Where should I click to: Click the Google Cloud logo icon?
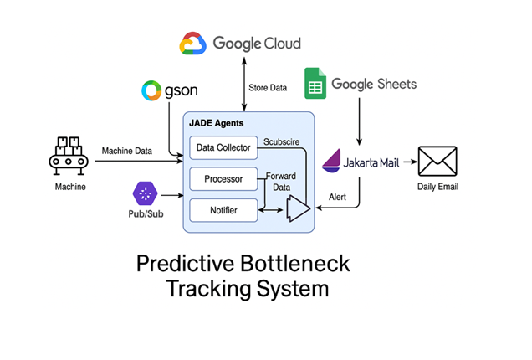tap(192, 44)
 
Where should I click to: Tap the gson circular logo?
tap(151, 90)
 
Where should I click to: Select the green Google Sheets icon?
tap(315, 83)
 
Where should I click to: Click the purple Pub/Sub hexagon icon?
tap(146, 193)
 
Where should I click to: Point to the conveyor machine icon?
tap(69, 156)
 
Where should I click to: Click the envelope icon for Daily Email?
tap(437, 161)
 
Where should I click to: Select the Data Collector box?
tap(223, 147)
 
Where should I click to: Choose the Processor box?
tap(223, 179)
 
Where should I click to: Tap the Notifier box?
tap(223, 210)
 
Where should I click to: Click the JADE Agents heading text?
tap(216, 123)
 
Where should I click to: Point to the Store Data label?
tap(268, 88)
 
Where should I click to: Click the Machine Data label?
tap(127, 151)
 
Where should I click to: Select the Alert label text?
tap(337, 197)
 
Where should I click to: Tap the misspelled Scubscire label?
tap(281, 142)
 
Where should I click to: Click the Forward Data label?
tap(281, 182)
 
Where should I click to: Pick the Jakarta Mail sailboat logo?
tap(331, 161)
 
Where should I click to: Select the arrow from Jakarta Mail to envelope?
tap(410, 162)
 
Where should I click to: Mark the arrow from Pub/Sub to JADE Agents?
tap(172, 195)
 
